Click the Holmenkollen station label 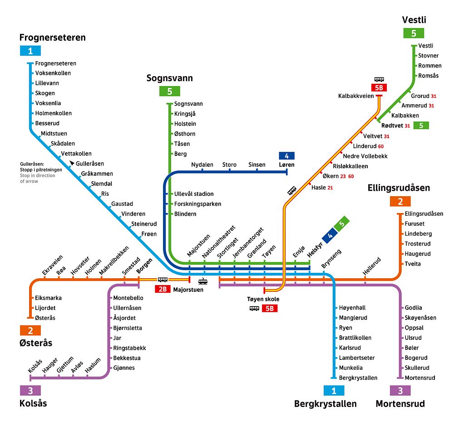tap(53, 113)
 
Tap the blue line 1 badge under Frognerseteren tap(30, 51)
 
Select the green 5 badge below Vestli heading tap(414, 33)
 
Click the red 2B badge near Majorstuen tap(163, 289)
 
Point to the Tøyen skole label tap(263, 299)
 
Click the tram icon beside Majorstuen tap(202, 281)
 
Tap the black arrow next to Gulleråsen tap(72, 163)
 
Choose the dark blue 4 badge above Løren tap(286, 156)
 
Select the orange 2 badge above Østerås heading tap(30, 330)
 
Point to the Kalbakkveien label tap(356, 96)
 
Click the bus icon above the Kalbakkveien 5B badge tap(379, 79)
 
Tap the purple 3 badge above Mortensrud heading tap(400, 391)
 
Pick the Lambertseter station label tap(357, 358)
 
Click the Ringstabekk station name tap(129, 348)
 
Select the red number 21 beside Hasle tap(330, 188)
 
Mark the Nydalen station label tap(202, 165)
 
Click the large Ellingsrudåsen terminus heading tap(399, 188)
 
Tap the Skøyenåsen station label tap(420, 318)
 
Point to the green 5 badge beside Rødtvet tap(421, 126)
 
